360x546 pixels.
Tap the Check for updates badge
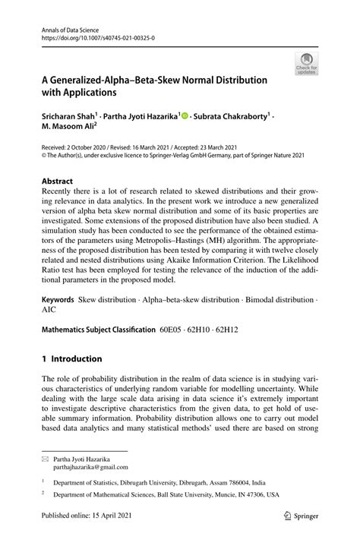(x=305, y=63)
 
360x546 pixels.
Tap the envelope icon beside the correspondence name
(x=46, y=459)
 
